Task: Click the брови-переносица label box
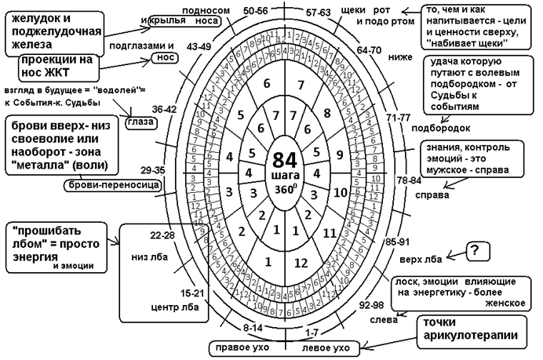tap(111, 186)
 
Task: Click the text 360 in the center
tap(282, 177)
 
